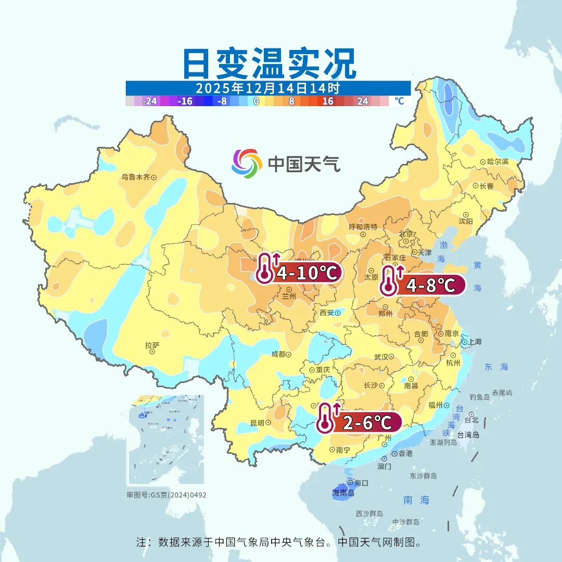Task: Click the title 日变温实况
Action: (x=269, y=63)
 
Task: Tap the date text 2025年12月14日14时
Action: (x=268, y=87)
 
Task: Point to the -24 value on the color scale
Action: (x=150, y=101)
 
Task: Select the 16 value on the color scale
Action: (x=327, y=101)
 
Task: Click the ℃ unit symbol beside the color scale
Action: (x=399, y=101)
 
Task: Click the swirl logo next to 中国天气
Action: (x=247, y=163)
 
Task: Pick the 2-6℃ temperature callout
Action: (x=366, y=423)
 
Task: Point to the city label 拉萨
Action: (x=152, y=346)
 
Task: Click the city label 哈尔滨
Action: (x=497, y=162)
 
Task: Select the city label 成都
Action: (x=278, y=354)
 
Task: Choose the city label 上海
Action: (x=475, y=342)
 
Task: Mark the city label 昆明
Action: (x=257, y=423)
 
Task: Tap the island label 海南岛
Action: (x=343, y=492)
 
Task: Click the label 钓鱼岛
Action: (x=479, y=397)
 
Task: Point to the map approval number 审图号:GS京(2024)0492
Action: (x=167, y=495)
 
